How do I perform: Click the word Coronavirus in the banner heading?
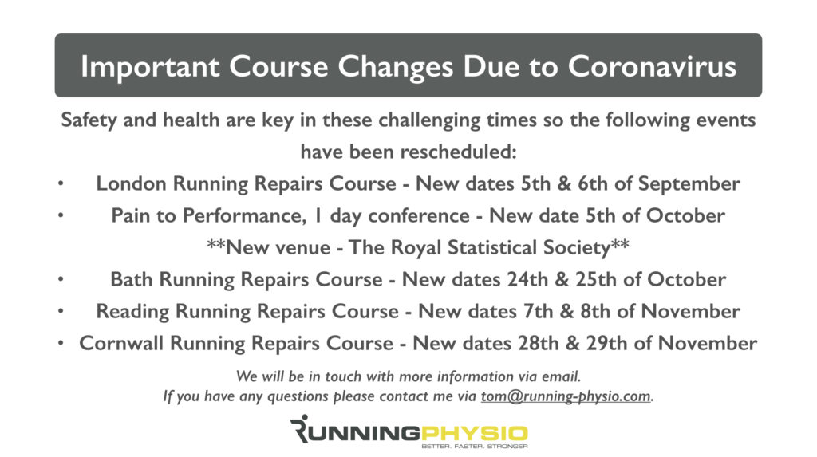coord(652,66)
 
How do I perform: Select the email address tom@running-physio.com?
coord(566,396)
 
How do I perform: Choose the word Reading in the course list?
coord(132,312)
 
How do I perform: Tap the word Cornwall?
coord(121,344)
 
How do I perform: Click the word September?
coord(689,184)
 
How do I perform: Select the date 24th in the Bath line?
coord(527,279)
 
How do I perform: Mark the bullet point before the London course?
coord(61,183)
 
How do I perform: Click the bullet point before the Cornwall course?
coord(61,344)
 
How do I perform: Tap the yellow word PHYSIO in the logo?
coord(474,433)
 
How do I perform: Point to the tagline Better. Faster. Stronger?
coord(474,447)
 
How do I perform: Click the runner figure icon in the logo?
coord(301,428)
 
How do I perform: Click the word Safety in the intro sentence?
coord(89,120)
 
